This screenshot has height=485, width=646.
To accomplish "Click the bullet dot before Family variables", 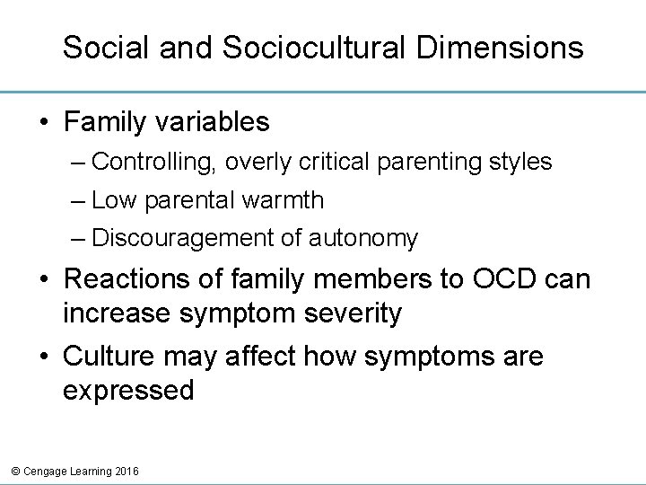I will (x=44, y=120).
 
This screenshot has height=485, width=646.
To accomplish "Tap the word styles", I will (x=520, y=163).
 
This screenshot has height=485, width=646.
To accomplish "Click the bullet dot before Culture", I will (x=44, y=357).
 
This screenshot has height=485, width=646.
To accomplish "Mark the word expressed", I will (x=128, y=391).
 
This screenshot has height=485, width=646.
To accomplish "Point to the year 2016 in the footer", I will (x=126, y=471).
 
